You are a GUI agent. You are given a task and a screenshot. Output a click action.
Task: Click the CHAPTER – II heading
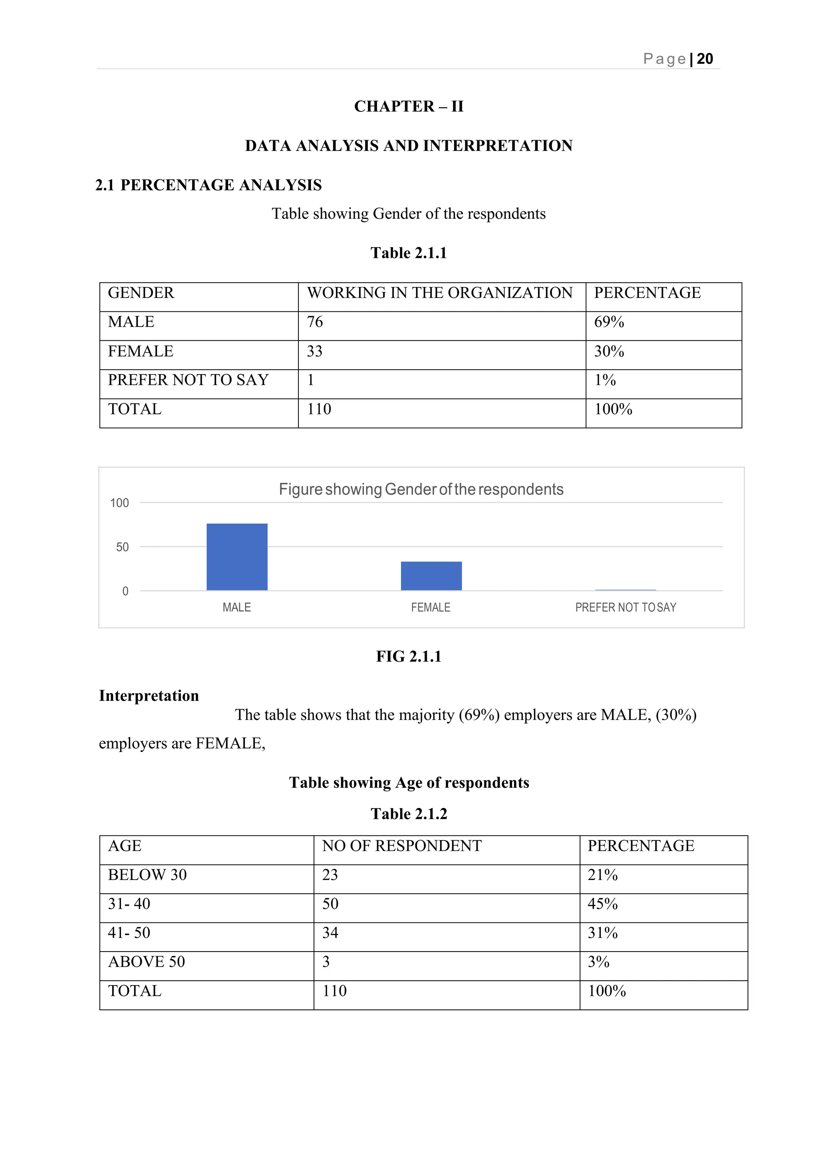[409, 106]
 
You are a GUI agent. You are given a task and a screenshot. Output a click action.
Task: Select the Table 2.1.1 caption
[409, 253]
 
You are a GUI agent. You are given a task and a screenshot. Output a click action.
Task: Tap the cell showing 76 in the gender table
[315, 322]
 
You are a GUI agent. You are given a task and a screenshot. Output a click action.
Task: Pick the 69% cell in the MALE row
[609, 322]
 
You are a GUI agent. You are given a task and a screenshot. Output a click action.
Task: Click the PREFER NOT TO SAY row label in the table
[189, 380]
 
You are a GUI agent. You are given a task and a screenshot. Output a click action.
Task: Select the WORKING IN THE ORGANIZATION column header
[440, 293]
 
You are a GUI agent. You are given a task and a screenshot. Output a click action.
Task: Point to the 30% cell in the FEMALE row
[609, 351]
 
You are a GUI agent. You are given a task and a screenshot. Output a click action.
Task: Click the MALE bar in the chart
[237, 557]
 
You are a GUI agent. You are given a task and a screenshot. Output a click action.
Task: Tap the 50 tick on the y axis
[122, 547]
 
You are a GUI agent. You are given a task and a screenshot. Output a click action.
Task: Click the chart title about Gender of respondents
[421, 490]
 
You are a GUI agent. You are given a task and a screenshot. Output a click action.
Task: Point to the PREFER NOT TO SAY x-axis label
[625, 607]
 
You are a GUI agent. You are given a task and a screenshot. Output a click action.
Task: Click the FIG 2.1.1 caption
[409, 656]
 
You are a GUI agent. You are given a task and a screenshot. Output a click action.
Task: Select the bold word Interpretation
[149, 696]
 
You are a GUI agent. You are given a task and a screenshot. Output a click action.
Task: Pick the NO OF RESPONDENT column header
[401, 846]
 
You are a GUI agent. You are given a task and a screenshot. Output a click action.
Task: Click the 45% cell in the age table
[602, 904]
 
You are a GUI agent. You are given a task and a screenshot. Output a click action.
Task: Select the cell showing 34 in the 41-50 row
[330, 933]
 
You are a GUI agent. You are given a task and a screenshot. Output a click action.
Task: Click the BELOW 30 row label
[147, 875]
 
